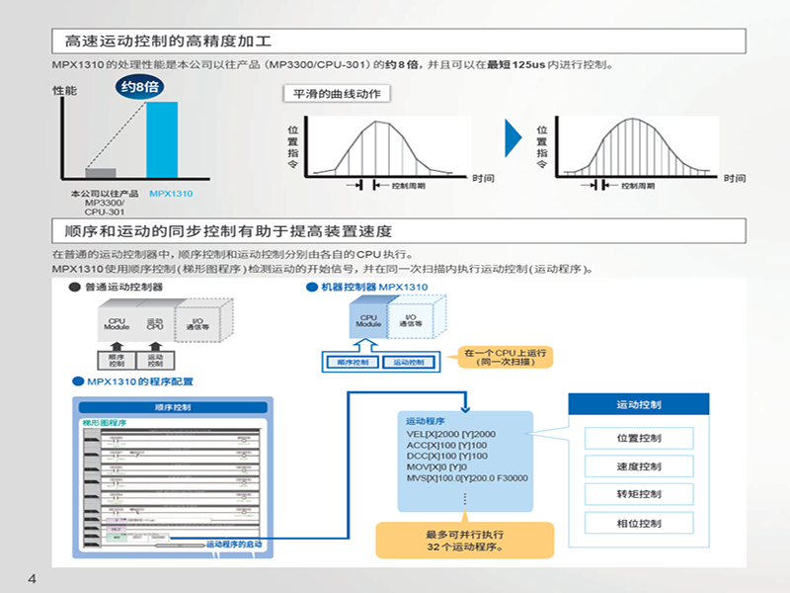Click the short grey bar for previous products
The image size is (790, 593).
(x=101, y=173)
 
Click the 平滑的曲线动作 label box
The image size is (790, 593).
(x=336, y=94)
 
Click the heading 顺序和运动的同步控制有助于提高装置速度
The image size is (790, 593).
(x=227, y=231)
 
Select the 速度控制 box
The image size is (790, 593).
(x=638, y=466)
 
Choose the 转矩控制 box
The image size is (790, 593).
(x=638, y=494)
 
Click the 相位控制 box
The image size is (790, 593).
(x=638, y=523)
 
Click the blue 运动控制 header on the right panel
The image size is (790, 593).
(x=638, y=405)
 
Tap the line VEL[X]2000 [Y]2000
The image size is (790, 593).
(x=451, y=434)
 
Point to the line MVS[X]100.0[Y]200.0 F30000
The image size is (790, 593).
(x=467, y=478)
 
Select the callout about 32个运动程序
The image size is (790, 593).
(x=464, y=540)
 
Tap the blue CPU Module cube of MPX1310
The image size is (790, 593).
(x=368, y=322)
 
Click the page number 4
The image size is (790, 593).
(x=32, y=577)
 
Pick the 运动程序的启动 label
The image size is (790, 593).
(x=235, y=544)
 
